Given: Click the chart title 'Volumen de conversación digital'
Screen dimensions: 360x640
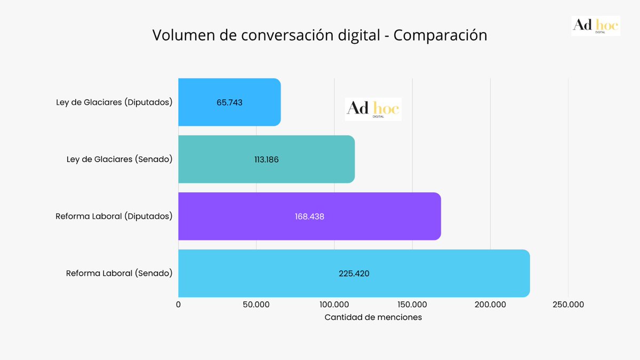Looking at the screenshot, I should [319, 35].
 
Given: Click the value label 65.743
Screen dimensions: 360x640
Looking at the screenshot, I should [229, 102].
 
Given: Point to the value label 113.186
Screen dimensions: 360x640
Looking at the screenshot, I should [267, 159].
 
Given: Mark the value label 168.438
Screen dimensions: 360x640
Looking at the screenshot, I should [309, 217].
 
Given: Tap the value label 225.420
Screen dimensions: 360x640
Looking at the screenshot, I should [354, 274].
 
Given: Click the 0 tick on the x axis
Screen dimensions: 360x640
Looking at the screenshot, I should [178, 305].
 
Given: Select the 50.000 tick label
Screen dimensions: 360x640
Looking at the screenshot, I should [256, 305].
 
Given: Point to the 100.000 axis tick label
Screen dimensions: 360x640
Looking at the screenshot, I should [334, 305].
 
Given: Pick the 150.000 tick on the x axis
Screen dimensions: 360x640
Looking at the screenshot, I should [412, 305].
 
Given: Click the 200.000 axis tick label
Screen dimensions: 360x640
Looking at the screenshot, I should [490, 305].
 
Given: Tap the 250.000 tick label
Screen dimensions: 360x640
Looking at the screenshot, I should [568, 305].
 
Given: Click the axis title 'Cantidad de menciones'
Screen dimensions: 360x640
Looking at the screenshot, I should [373, 317].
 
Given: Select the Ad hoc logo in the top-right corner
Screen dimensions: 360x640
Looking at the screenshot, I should [596, 26].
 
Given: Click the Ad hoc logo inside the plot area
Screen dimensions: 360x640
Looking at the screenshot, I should [373, 109].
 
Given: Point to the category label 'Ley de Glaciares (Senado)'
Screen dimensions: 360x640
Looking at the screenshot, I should [119, 159].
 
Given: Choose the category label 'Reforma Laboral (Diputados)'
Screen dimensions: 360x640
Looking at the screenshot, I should [114, 216].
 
